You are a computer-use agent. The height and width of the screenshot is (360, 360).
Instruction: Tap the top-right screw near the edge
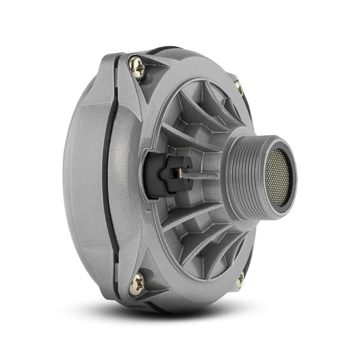click(x=239, y=88)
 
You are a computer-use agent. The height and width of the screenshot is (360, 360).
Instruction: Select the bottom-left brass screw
click(x=136, y=284)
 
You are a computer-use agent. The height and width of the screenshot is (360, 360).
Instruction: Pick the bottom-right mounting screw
click(x=240, y=278)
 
